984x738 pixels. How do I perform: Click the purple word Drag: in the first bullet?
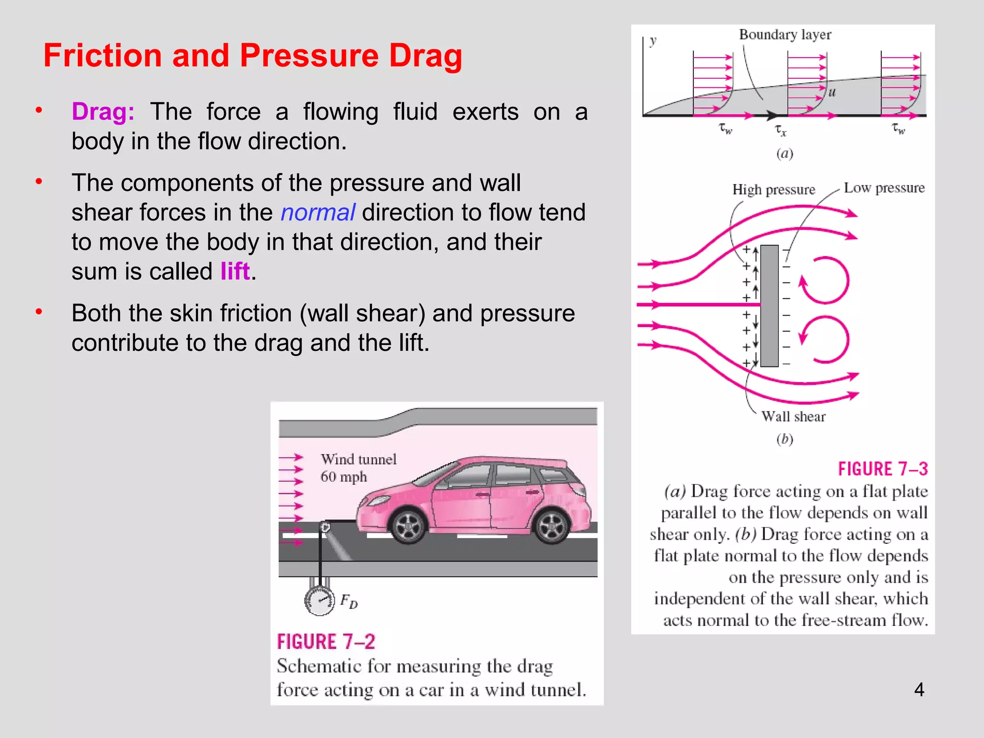[103, 112]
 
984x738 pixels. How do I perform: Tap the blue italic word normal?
[318, 212]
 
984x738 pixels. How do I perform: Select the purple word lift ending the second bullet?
[235, 271]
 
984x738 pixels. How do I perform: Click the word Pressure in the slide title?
[309, 55]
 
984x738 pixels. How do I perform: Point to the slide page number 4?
[919, 689]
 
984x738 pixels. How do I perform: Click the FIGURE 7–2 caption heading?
[326, 642]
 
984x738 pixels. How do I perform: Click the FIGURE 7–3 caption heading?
[883, 469]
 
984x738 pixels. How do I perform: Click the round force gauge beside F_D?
[320, 601]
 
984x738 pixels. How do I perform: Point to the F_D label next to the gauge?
[349, 601]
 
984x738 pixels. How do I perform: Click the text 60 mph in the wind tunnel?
[344, 477]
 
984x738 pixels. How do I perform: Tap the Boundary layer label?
[785, 35]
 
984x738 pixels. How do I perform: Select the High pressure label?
[774, 190]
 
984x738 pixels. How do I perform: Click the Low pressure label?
[884, 188]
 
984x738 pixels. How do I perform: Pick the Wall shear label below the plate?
[793, 417]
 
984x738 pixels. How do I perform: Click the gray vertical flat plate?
[769, 306]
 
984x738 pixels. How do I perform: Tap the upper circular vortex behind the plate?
[825, 281]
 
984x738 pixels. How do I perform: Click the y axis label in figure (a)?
[652, 41]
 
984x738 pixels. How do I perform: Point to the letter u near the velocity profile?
[832, 92]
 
